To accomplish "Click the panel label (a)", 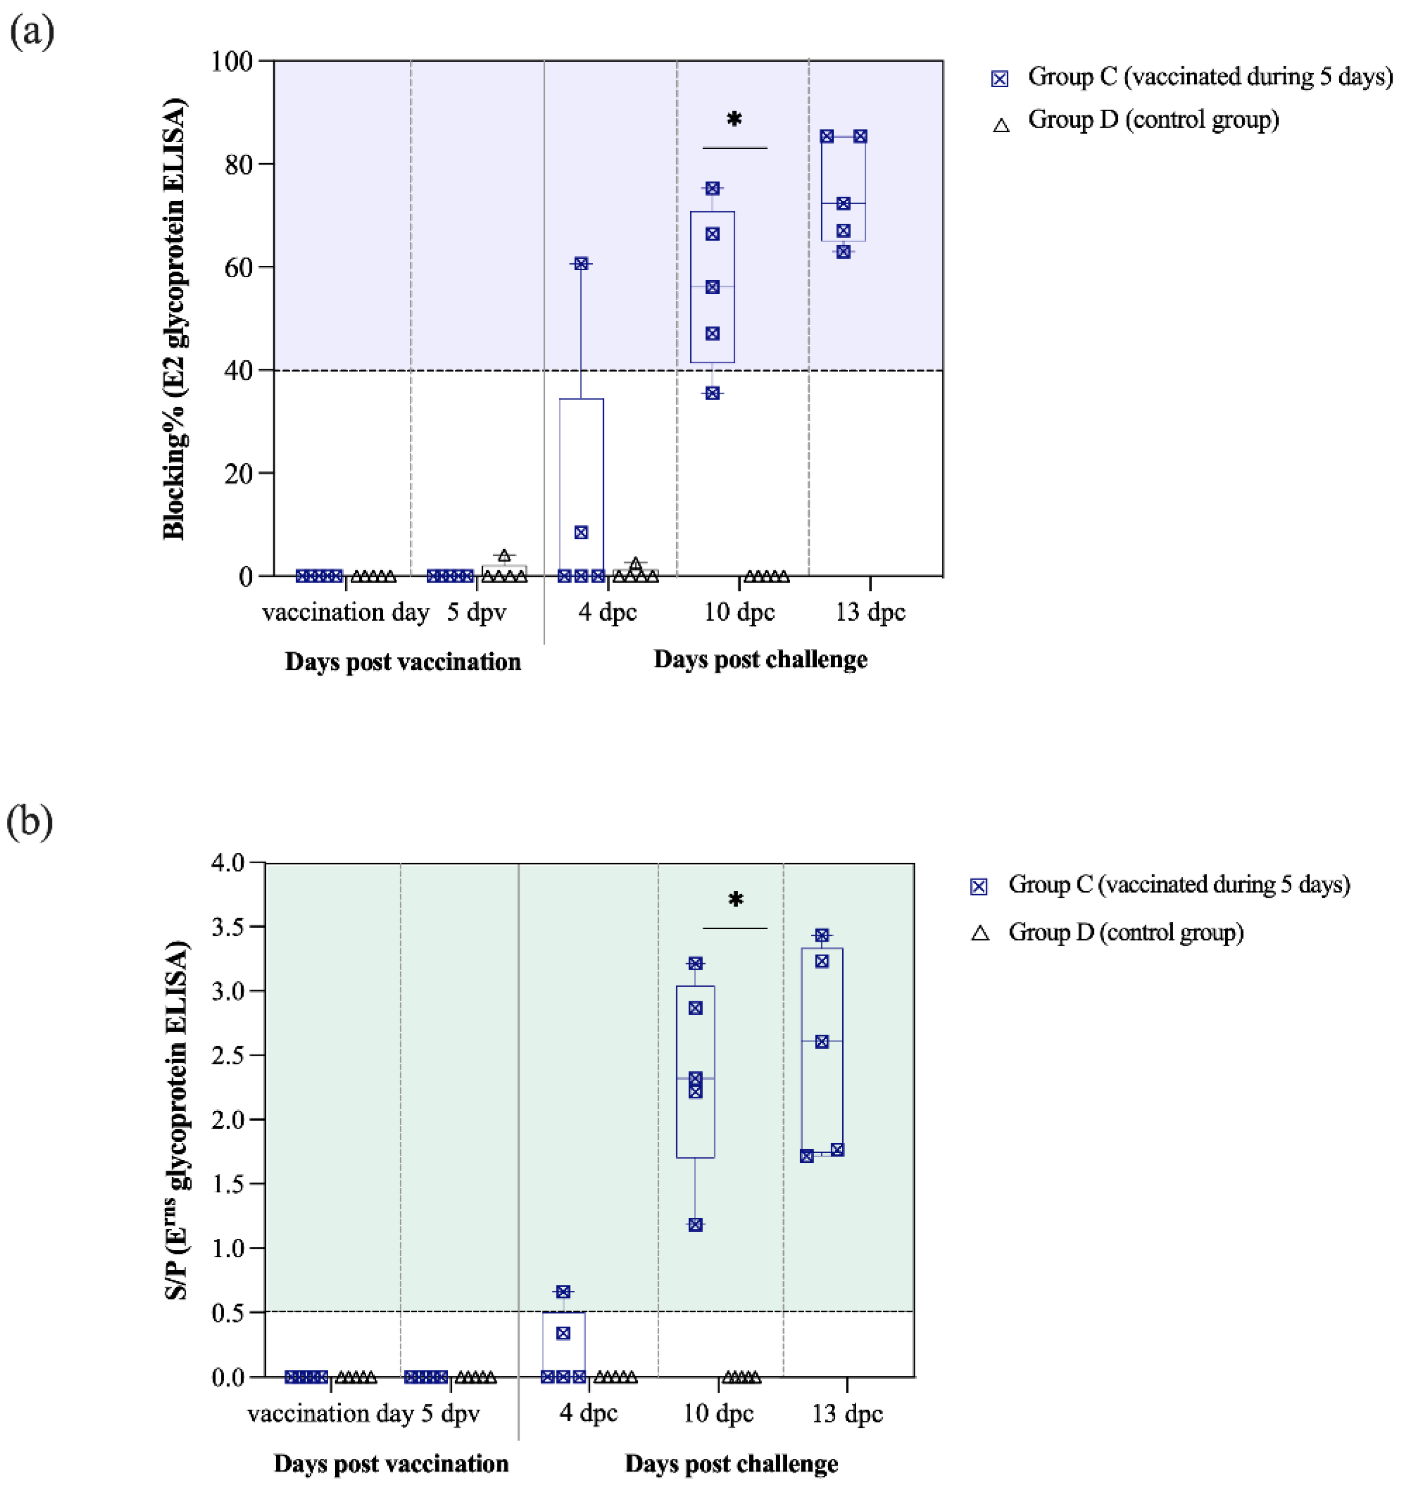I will [x=32, y=32].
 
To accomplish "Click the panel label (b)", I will [x=30, y=821].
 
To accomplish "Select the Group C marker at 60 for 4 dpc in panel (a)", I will [x=581, y=264].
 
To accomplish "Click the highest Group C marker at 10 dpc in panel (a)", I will [x=712, y=188].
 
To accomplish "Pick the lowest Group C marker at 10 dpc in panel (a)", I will [x=712, y=393].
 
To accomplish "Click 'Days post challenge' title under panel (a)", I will [x=760, y=660].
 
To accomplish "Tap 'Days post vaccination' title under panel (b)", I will [x=391, y=1464].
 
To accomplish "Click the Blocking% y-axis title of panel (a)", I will [x=174, y=317].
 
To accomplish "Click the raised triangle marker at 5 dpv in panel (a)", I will [x=504, y=556].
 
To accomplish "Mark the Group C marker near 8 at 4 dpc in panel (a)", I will [x=581, y=533].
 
